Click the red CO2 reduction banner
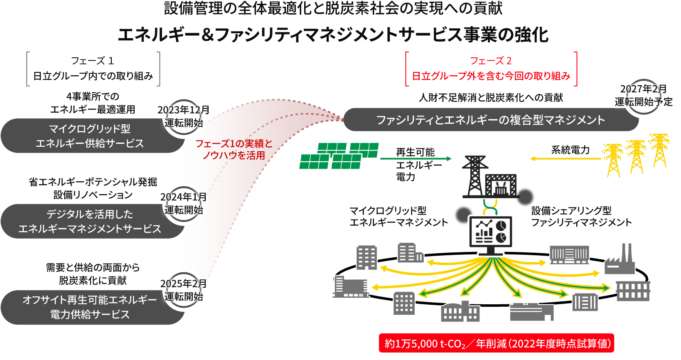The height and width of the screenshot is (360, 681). click(x=496, y=343)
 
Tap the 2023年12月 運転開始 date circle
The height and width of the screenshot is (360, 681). click(x=183, y=117)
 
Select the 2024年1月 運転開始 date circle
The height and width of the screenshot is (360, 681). click(x=183, y=204)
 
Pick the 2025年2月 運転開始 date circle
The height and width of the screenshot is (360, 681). click(x=183, y=290)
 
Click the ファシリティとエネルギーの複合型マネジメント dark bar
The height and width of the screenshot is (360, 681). click(x=490, y=120)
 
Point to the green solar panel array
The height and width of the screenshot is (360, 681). click(x=339, y=156)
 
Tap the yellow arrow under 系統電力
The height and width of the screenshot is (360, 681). click(x=565, y=159)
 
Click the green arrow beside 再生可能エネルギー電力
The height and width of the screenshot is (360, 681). click(x=415, y=159)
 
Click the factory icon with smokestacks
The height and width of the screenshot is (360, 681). click(x=620, y=261)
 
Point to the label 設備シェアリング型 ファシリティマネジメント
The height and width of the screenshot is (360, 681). click(x=581, y=217)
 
